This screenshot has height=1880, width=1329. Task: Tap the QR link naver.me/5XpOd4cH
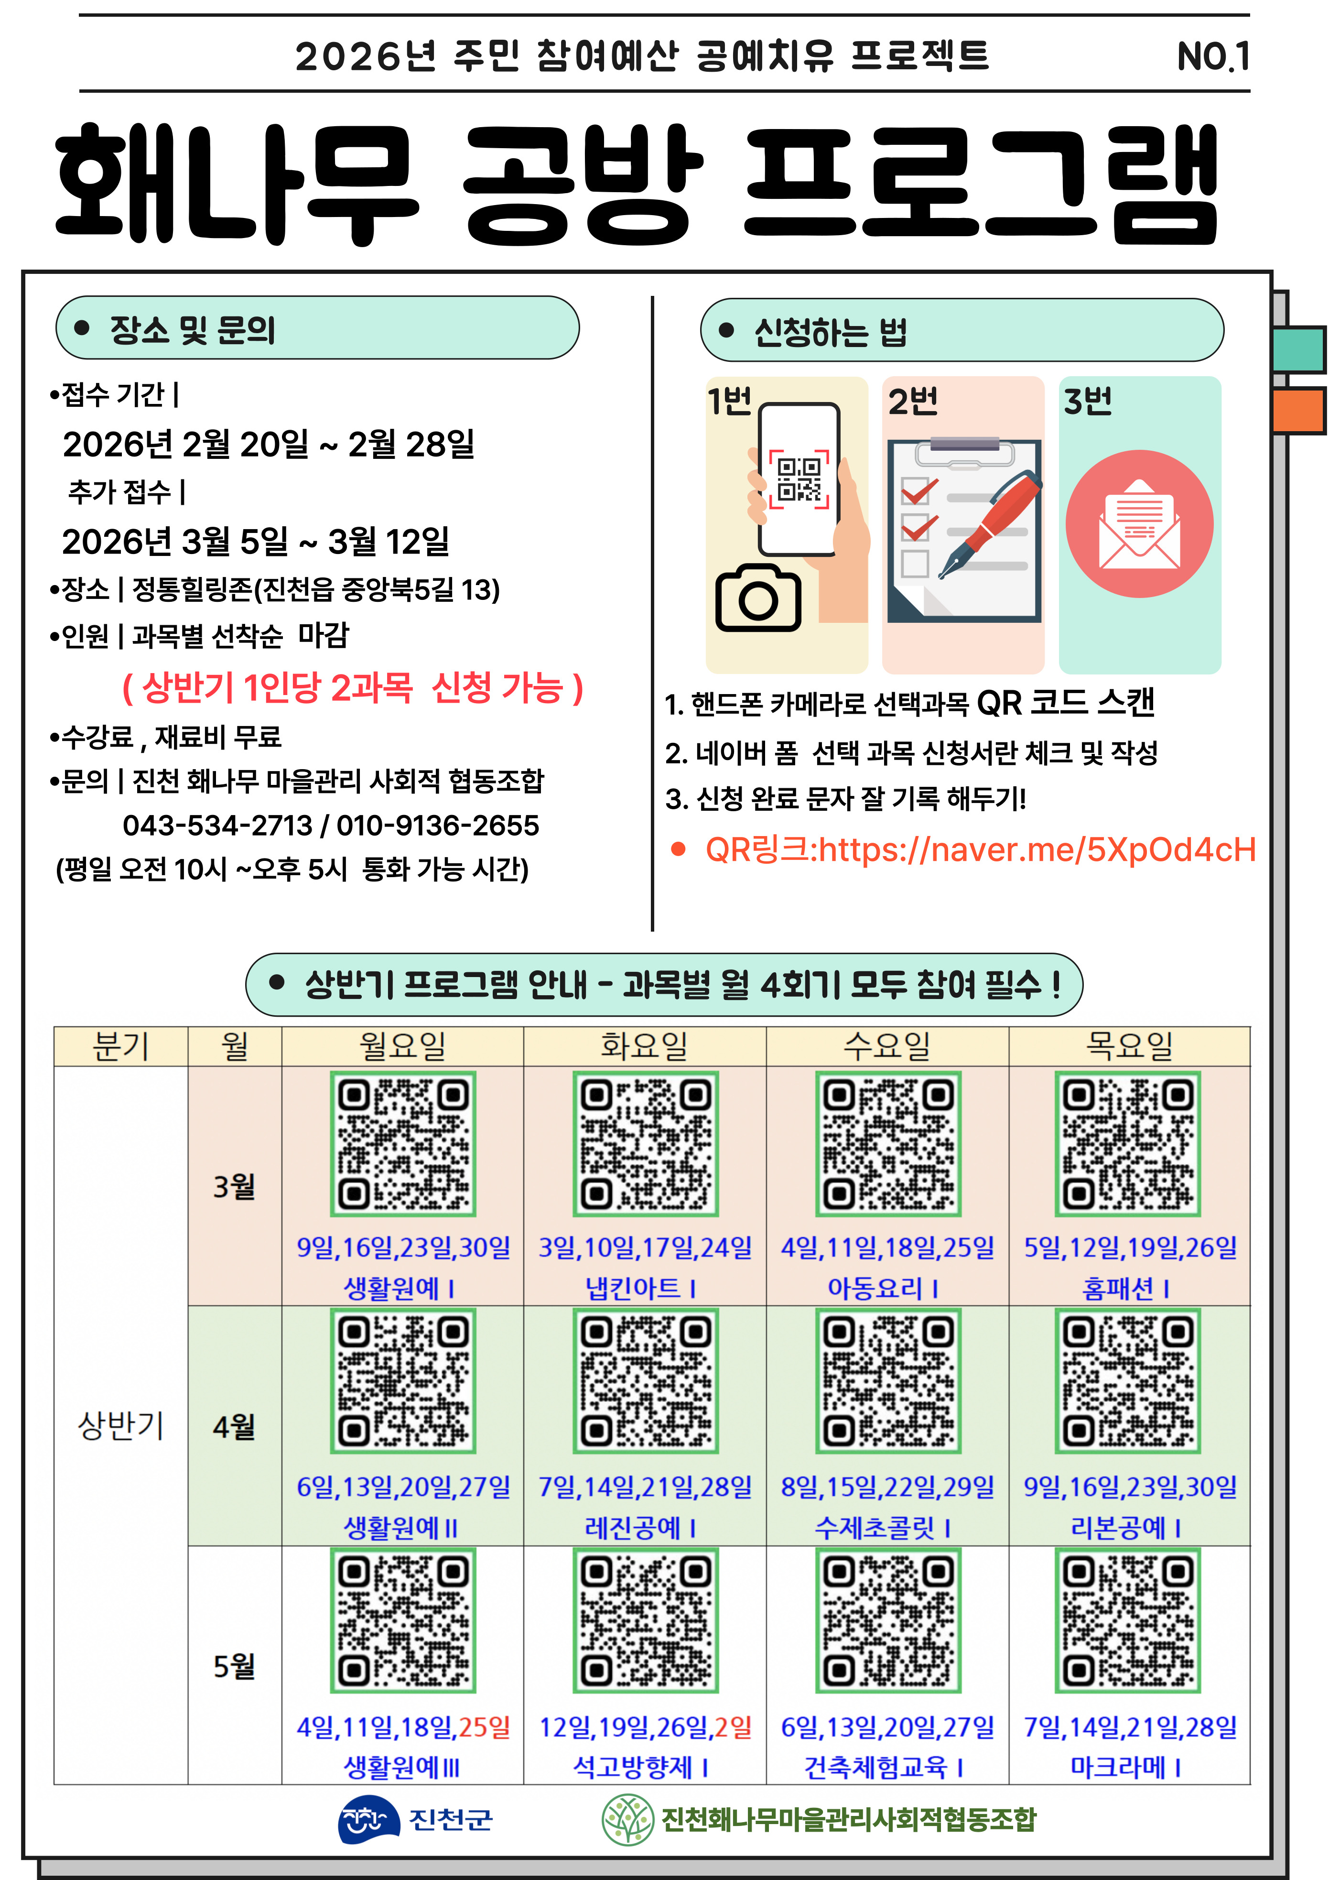(979, 850)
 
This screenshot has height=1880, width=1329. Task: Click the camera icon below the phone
(757, 598)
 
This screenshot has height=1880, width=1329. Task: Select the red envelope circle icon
(1139, 523)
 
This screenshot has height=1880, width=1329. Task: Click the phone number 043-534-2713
(217, 826)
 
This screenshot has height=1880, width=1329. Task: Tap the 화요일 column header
(645, 1045)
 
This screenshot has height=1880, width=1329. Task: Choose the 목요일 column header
(1129, 1045)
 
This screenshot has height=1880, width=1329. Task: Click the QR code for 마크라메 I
(1127, 1620)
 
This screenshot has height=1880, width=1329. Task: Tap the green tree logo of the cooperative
(627, 1819)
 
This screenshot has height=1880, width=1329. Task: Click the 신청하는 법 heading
(830, 332)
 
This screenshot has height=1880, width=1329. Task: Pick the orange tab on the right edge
(1299, 411)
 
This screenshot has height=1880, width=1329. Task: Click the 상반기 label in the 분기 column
(120, 1425)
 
